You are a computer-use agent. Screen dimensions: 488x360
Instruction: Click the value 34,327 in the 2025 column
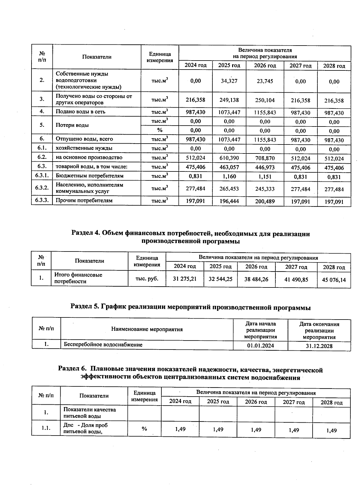tap(229, 81)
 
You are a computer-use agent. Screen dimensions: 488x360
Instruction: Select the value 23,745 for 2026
tap(265, 81)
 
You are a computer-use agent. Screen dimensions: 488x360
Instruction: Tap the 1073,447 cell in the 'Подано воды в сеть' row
tap(229, 113)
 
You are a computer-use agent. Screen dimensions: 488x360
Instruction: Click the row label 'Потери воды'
tap(72, 125)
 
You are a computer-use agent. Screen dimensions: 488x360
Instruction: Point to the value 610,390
tap(229, 158)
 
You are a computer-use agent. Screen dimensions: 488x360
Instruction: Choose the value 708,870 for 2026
tap(265, 158)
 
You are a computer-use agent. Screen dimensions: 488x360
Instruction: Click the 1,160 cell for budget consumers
tap(229, 176)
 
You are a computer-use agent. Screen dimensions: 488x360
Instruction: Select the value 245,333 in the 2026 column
tap(265, 189)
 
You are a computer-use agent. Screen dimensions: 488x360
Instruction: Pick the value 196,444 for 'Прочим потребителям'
tap(229, 201)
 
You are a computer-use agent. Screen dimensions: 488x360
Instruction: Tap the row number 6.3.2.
tap(42, 188)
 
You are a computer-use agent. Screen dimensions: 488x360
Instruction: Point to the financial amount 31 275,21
tap(185, 279)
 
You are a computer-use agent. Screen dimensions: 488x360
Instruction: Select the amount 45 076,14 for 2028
tap(334, 280)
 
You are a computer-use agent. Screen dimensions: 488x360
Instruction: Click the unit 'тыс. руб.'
tap(147, 278)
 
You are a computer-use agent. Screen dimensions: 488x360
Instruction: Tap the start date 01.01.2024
tap(260, 346)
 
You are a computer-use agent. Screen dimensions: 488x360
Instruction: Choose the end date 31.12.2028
tap(319, 346)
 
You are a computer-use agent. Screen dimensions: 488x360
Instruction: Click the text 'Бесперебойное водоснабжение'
tap(103, 345)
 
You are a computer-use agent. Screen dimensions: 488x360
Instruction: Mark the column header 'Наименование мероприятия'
tap(147, 329)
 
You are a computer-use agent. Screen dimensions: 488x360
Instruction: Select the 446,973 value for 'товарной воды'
tap(265, 167)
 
